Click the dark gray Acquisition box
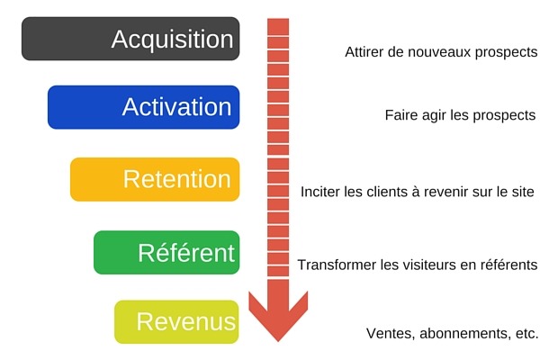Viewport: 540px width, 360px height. (130, 39)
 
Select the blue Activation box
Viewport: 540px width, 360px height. (143, 107)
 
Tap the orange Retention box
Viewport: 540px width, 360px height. (155, 179)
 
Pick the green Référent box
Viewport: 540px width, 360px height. (166, 252)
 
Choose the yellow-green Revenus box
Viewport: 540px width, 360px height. (177, 321)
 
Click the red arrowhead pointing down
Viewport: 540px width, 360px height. (278, 319)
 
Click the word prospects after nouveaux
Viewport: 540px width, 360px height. (507, 52)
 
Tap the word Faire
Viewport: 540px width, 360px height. (400, 116)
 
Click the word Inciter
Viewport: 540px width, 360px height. (322, 192)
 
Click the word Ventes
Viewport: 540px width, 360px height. (387, 333)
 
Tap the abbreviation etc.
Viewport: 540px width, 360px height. (524, 333)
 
